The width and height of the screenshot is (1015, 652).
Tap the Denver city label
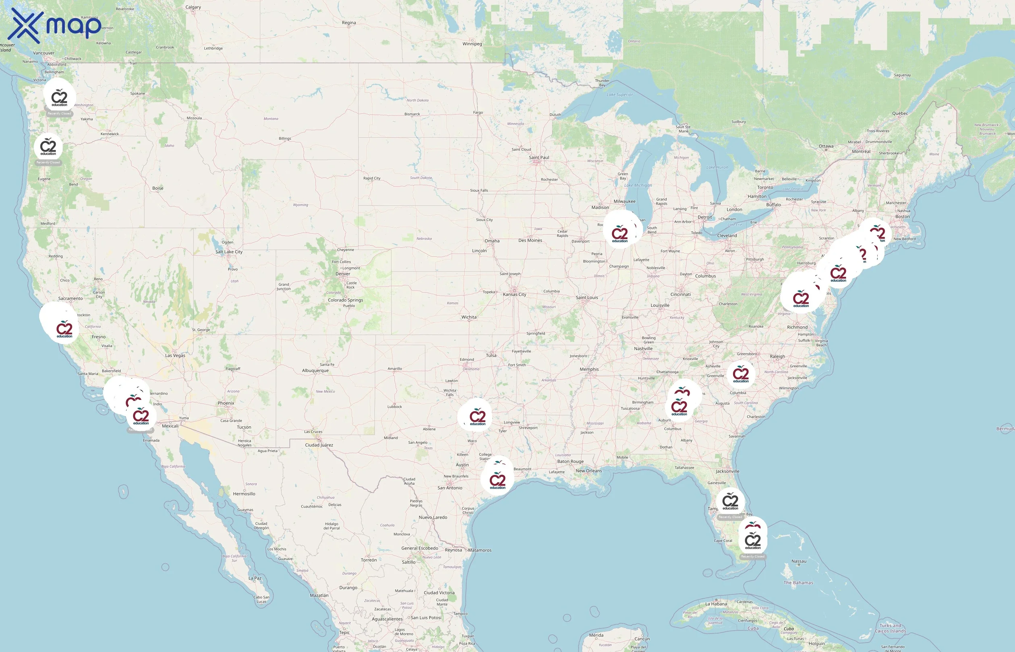pos(343,274)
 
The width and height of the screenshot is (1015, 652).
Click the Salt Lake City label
pos(229,252)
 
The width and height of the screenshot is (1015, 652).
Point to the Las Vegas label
pos(175,356)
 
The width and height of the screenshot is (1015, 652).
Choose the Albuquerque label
pos(315,371)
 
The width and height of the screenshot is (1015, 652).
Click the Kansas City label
pos(514,294)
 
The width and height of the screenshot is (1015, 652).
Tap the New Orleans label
pos(588,471)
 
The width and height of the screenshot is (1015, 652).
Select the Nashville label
pos(643,349)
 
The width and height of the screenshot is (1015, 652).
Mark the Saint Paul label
pos(538,158)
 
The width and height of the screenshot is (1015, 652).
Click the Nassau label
pos(799,561)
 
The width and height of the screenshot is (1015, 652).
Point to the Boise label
pos(158,188)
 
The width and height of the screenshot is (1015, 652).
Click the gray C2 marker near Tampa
pos(730,502)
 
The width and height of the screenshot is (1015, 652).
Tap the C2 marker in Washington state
pos(59,98)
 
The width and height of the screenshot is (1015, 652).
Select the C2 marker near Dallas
pos(477,417)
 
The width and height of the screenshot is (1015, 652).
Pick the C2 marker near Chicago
pos(620,234)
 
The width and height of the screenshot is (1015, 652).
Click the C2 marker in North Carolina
pos(741,374)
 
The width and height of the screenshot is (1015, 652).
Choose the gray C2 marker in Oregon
pos(48,147)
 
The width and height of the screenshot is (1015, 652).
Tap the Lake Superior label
pos(620,95)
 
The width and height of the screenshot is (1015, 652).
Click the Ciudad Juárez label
pos(319,445)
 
